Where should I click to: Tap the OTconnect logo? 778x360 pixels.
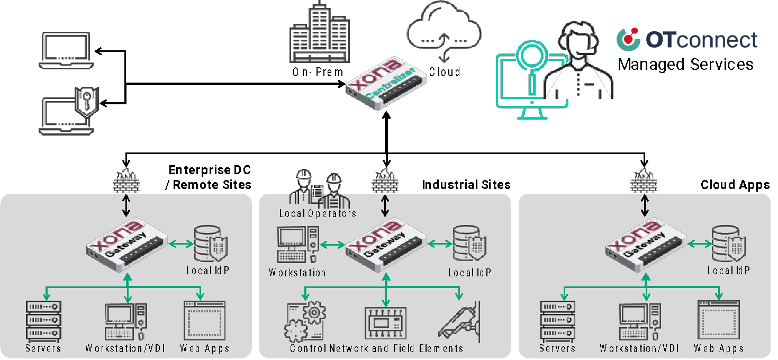(687, 40)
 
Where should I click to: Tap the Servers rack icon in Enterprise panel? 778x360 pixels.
(43, 320)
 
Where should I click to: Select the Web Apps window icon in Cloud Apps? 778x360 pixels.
(718, 320)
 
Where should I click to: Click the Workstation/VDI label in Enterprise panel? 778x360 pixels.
(125, 348)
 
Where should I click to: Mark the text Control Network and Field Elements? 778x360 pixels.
(376, 348)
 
